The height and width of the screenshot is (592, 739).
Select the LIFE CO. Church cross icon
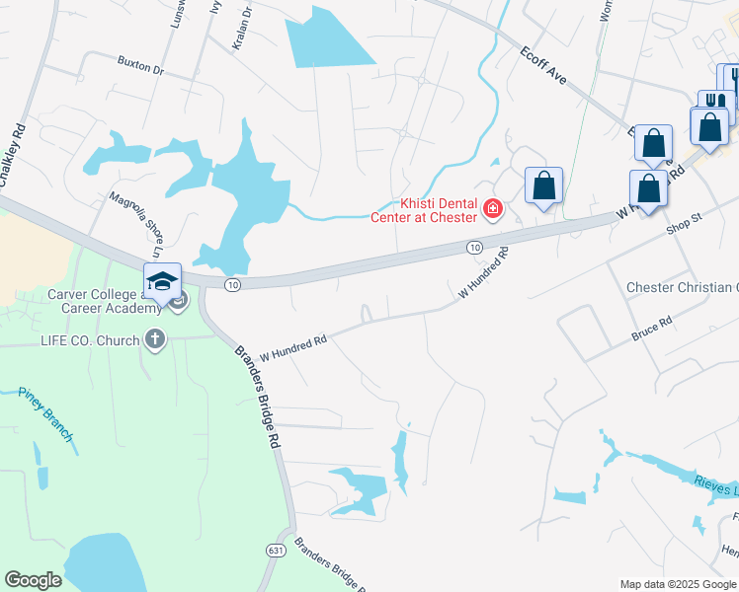pyautogui.click(x=154, y=340)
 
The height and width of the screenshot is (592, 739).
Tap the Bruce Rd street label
pyautogui.click(x=652, y=330)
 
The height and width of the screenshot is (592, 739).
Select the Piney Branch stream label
pyautogui.click(x=45, y=406)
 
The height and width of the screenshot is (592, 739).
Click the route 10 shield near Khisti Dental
pyautogui.click(x=475, y=247)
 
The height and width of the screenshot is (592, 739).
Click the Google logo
pyautogui.click(x=33, y=580)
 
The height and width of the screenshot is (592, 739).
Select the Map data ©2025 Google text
pyautogui.click(x=677, y=584)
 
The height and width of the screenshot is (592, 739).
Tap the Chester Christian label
pyautogui.click(x=683, y=287)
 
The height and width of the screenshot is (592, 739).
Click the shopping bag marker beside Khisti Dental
pyautogui.click(x=543, y=185)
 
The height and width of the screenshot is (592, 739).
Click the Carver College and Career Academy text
pyautogui.click(x=105, y=302)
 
